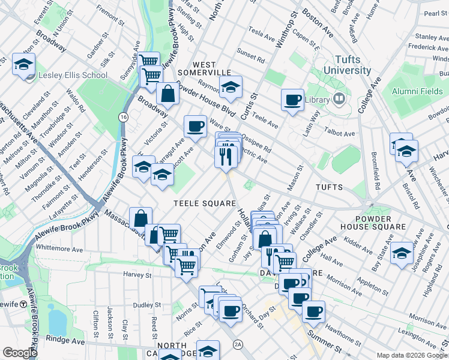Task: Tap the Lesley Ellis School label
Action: (x=73, y=76)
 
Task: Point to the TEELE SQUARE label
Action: (x=205, y=203)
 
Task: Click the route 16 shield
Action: (x=123, y=115)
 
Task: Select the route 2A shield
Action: (x=238, y=344)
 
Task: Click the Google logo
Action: (x=20, y=353)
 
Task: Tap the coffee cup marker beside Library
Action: (x=292, y=100)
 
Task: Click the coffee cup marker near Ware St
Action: (x=194, y=126)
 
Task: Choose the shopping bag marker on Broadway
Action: (x=168, y=94)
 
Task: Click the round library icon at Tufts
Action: (x=339, y=99)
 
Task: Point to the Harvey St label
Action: (x=137, y=275)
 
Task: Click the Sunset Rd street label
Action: (x=252, y=59)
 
